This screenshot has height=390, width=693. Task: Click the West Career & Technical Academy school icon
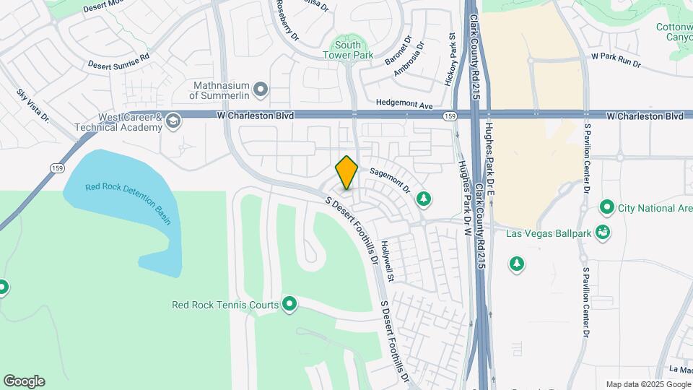173,122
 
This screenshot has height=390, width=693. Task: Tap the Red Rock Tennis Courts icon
290,305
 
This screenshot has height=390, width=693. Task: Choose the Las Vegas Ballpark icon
603,233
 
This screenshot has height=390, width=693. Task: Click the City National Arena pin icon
606,209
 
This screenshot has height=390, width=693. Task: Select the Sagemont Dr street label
391,181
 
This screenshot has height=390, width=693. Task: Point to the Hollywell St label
391,261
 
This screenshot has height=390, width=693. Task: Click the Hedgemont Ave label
404,105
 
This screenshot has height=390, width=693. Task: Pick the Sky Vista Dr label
32,105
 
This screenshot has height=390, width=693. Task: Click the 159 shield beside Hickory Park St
450,116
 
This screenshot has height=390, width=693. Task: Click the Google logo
24,381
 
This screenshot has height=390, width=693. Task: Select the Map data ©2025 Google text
648,384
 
